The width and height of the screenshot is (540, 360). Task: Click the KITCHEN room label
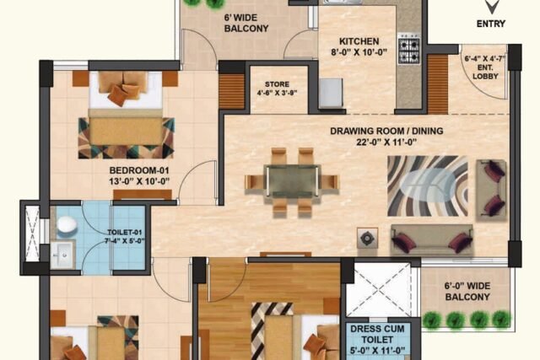point(359,41)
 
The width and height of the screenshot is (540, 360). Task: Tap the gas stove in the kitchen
point(408,49)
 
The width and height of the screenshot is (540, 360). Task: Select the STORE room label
point(277,84)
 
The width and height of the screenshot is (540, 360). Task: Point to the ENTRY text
point(491,24)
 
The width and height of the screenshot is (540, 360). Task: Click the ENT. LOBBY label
point(485,72)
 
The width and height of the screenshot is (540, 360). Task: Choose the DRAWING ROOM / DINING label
point(386,131)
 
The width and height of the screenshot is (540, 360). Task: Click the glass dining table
point(292,181)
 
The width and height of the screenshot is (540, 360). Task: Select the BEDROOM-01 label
point(139,170)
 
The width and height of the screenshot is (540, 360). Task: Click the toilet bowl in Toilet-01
point(66,224)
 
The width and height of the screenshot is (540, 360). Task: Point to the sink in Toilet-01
point(62,255)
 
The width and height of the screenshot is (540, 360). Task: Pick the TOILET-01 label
point(124,233)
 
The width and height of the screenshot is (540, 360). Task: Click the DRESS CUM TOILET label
point(377,334)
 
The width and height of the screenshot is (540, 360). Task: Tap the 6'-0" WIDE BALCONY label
point(467,291)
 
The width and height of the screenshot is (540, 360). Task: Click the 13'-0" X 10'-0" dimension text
point(139,181)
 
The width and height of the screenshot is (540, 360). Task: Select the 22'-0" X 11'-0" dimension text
point(386,142)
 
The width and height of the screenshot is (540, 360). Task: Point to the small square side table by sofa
point(368,238)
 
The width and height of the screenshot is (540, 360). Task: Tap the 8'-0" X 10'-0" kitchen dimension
point(359,52)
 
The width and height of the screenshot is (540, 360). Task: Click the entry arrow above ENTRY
point(491,7)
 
